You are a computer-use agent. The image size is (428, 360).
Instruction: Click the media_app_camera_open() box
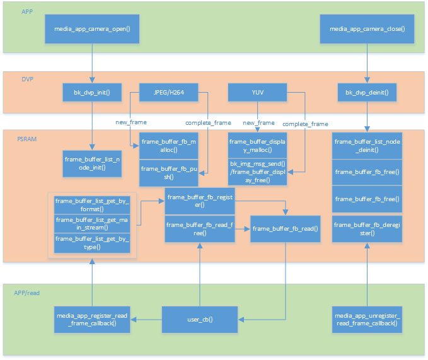tap(93, 29)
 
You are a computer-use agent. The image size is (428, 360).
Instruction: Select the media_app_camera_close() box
tap(367, 29)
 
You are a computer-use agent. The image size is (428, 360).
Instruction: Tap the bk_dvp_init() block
tap(93, 93)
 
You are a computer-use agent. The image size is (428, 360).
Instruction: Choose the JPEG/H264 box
tap(168, 93)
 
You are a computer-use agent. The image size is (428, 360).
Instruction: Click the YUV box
tap(257, 93)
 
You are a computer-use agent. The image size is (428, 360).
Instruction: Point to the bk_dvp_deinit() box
tap(367, 93)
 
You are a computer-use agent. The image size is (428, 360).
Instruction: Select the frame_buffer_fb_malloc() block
tap(168, 147)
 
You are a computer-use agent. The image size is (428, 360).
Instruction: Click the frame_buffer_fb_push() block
tap(168, 173)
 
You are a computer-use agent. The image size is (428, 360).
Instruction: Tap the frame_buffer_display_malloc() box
tap(257, 147)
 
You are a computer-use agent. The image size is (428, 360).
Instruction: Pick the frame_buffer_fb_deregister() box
tap(367, 228)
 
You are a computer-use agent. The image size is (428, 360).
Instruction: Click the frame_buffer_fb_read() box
tap(285, 228)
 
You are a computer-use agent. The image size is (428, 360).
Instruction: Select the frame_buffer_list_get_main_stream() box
tap(92, 224)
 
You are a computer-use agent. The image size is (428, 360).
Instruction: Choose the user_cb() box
tap(200, 320)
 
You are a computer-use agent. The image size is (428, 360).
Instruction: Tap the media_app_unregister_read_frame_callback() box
tap(367, 320)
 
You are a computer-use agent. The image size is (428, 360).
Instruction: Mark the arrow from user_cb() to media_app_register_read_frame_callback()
tap(146, 320)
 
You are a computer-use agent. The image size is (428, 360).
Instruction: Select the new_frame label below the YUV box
tap(258, 122)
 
